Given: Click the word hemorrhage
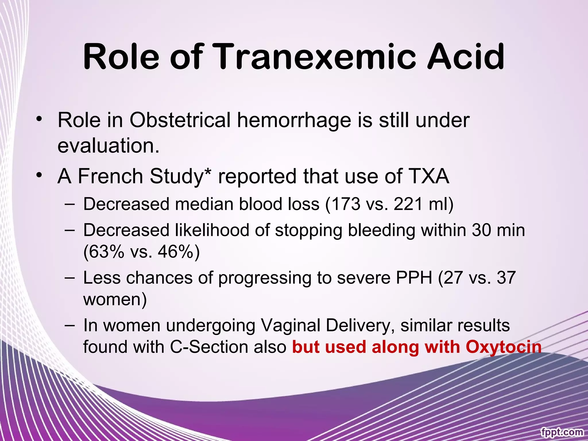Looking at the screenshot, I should coord(294,120).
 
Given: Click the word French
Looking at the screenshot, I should coord(111,176).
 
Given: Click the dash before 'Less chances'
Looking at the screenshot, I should coord(70,278).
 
